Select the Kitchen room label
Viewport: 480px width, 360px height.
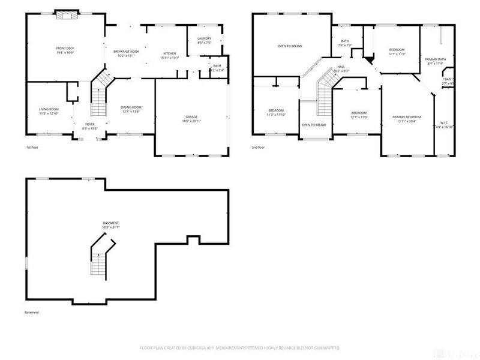[x=169, y=54]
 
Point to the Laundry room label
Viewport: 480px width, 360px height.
[x=204, y=40]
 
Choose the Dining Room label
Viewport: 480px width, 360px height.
[x=131, y=107]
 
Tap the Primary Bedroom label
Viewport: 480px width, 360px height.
[x=406, y=116]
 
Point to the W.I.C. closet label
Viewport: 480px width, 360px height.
[x=444, y=124]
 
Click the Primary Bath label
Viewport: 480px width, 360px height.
[x=435, y=59]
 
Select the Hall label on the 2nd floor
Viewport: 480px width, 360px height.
[x=340, y=67]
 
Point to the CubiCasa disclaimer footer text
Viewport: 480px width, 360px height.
[x=239, y=347]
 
